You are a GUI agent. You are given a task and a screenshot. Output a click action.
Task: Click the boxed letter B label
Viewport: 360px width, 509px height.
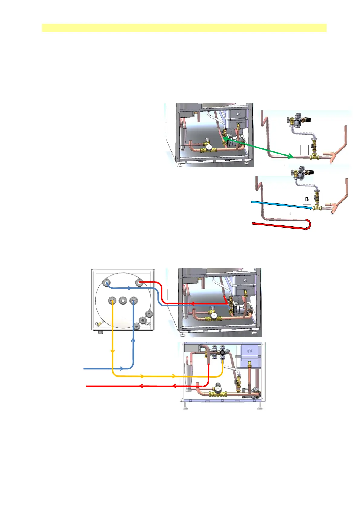(x=307, y=199)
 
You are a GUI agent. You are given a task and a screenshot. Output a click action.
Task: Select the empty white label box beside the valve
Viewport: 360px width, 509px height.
(x=304, y=150)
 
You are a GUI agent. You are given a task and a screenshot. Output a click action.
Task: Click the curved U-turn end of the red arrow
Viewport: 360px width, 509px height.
(x=309, y=225)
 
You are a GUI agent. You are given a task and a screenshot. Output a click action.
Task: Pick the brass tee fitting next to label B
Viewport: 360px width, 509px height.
(x=317, y=208)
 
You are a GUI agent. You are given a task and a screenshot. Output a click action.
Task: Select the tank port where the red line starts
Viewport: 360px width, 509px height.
(x=139, y=283)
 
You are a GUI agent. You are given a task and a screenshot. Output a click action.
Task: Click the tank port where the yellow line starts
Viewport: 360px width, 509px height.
(x=112, y=301)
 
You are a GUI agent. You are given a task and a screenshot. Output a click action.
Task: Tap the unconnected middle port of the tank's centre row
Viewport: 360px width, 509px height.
(x=123, y=300)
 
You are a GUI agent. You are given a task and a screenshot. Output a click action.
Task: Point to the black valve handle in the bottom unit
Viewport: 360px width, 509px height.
(x=222, y=353)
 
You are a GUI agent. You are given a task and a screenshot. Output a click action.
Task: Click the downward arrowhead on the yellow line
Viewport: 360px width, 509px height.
(x=112, y=352)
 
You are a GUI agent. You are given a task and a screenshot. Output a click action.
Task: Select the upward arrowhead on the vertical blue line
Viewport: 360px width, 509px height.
(x=133, y=340)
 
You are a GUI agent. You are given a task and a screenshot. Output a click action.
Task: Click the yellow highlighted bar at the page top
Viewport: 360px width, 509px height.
(x=184, y=28)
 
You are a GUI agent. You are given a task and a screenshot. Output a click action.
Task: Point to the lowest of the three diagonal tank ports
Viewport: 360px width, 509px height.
(x=137, y=326)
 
